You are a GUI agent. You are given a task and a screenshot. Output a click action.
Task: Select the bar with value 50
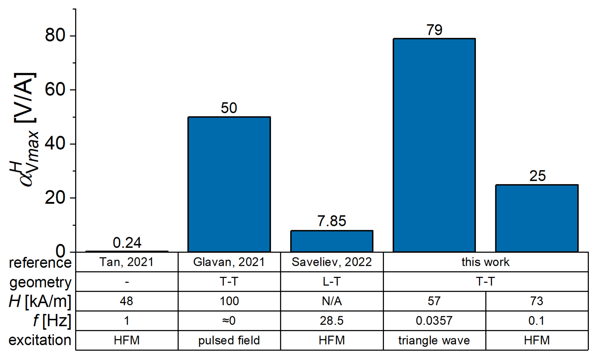[x=229, y=184]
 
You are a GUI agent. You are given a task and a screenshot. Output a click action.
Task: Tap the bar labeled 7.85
[x=331, y=241]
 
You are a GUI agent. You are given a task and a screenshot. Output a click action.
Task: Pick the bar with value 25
[x=537, y=218]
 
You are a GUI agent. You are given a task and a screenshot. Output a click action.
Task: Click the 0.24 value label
[x=127, y=243]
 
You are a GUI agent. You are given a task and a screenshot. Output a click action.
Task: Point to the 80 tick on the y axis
[x=55, y=35]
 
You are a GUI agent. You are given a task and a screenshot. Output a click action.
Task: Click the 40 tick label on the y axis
[x=55, y=143]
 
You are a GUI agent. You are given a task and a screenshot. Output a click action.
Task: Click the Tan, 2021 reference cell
[x=127, y=262]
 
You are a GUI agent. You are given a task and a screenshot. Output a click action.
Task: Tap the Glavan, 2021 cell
[x=229, y=262]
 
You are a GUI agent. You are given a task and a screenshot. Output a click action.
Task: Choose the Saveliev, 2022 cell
[x=331, y=262]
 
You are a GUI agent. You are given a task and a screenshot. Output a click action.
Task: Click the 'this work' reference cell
[x=485, y=262]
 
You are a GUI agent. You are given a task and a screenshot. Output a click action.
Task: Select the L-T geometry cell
[x=331, y=282]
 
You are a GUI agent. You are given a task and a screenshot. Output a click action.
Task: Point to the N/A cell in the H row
[x=331, y=301]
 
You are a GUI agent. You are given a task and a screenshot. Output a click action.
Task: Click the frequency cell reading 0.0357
[x=434, y=321]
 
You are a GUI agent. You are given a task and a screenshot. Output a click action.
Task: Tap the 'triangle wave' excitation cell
[x=434, y=340]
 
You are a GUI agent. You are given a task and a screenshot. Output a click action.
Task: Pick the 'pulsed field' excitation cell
[x=229, y=340]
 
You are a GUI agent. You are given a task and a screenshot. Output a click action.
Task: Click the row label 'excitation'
[x=40, y=340]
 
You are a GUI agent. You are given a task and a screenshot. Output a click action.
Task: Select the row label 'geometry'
[x=40, y=282]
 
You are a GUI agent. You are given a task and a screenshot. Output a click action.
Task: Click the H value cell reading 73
[x=537, y=301]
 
